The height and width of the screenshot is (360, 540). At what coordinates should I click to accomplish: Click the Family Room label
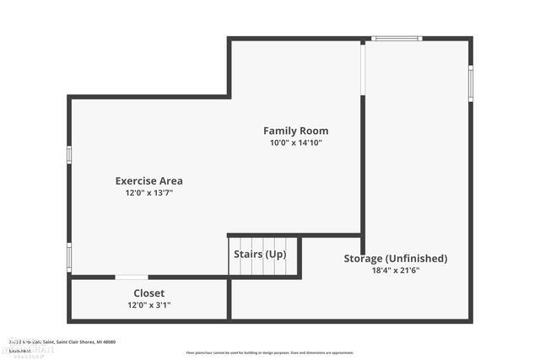point(295,131)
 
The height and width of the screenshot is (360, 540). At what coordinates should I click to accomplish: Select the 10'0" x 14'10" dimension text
point(295,143)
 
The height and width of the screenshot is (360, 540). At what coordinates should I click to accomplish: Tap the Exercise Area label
point(148,180)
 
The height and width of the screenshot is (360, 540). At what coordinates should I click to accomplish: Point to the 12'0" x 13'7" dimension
point(148,193)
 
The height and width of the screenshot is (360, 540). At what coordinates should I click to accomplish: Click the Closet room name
point(148,293)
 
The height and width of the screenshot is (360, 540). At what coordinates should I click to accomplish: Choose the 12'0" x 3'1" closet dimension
point(148,305)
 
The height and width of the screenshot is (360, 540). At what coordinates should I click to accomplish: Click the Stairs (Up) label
point(259,255)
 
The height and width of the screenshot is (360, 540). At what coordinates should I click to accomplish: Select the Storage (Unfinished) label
point(395,259)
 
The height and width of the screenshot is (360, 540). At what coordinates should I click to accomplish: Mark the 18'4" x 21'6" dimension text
point(395,271)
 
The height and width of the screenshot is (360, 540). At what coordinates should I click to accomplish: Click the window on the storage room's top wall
point(397,38)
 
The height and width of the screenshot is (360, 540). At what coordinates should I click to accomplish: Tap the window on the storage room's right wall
point(470,83)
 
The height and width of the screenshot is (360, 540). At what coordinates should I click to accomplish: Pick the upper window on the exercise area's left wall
point(69,154)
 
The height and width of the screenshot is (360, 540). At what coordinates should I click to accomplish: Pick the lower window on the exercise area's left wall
point(69,256)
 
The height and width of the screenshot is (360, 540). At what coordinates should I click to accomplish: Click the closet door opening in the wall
point(132,277)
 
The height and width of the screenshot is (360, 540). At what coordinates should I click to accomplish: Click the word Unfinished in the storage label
point(417,259)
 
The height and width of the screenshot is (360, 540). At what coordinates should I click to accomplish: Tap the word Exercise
point(134,180)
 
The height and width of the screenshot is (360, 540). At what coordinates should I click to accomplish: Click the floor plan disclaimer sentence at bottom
point(270,352)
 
